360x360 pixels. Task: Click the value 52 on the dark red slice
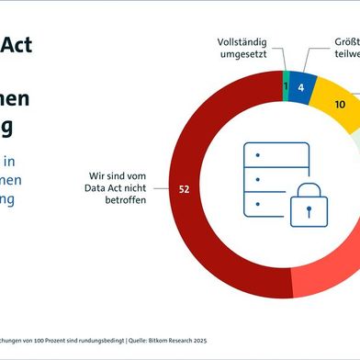pyautogui.click(x=184, y=189)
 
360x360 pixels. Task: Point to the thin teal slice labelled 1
pyautogui.click(x=286, y=86)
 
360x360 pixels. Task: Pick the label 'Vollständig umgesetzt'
pyautogui.click(x=244, y=50)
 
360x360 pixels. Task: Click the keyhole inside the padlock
pyautogui.click(x=309, y=210)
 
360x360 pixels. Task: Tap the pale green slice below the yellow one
pyautogui.click(x=354, y=142)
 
